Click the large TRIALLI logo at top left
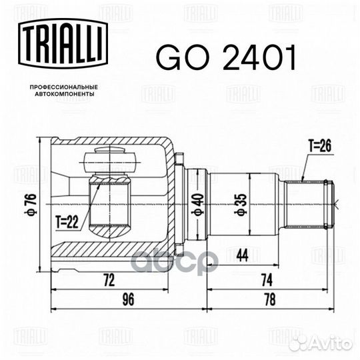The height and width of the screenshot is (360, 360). click(63, 43)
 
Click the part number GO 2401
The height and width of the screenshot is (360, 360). click(226, 57)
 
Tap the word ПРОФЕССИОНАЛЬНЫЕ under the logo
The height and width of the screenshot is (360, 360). click(64, 87)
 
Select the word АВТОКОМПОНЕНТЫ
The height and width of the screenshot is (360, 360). click(65, 94)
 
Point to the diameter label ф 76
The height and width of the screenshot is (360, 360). click(31, 204)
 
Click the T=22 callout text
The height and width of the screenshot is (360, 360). click(67, 222)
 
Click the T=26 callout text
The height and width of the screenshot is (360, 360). click(320, 146)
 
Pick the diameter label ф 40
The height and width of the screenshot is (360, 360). click(198, 205)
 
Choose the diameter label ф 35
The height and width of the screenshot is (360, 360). click(241, 205)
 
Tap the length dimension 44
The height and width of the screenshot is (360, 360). click(243, 255)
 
